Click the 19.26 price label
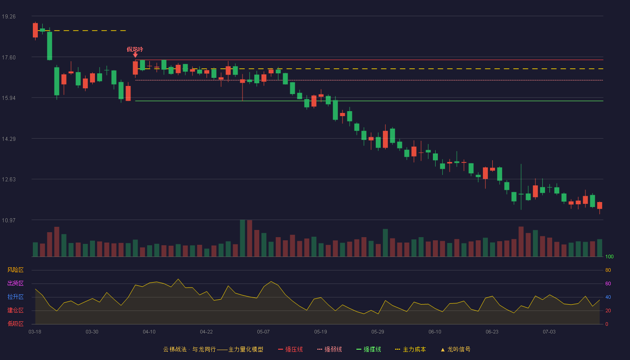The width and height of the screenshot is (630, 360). coord(9,17)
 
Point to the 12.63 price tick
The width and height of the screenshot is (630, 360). coord(9,180)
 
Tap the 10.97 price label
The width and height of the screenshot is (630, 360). coord(9,220)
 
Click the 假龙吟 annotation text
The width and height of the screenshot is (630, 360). coord(135,49)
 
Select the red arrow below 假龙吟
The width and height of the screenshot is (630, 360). coord(135,55)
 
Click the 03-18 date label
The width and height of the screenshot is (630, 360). coord(35,332)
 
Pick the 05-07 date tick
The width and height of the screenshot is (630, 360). coord(263,332)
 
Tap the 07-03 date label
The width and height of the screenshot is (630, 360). coord(549,332)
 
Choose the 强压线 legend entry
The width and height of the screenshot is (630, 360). coord(291,349)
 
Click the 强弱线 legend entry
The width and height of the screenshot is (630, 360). coord(329,349)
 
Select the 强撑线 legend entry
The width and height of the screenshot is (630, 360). coord(369,349)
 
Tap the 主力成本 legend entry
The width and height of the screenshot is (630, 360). coord(410,349)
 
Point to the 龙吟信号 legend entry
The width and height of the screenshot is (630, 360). coord(455,349)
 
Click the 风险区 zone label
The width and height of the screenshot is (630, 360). coord(15,270)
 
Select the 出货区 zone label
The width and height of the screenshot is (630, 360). coord(15,283)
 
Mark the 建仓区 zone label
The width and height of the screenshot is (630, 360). coord(15,310)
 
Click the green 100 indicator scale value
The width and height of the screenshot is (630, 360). coord(609,256)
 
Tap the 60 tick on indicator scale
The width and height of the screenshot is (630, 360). coord(608,283)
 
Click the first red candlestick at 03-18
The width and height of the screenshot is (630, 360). coord(35,30)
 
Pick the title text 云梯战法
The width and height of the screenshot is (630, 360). coord(175,349)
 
